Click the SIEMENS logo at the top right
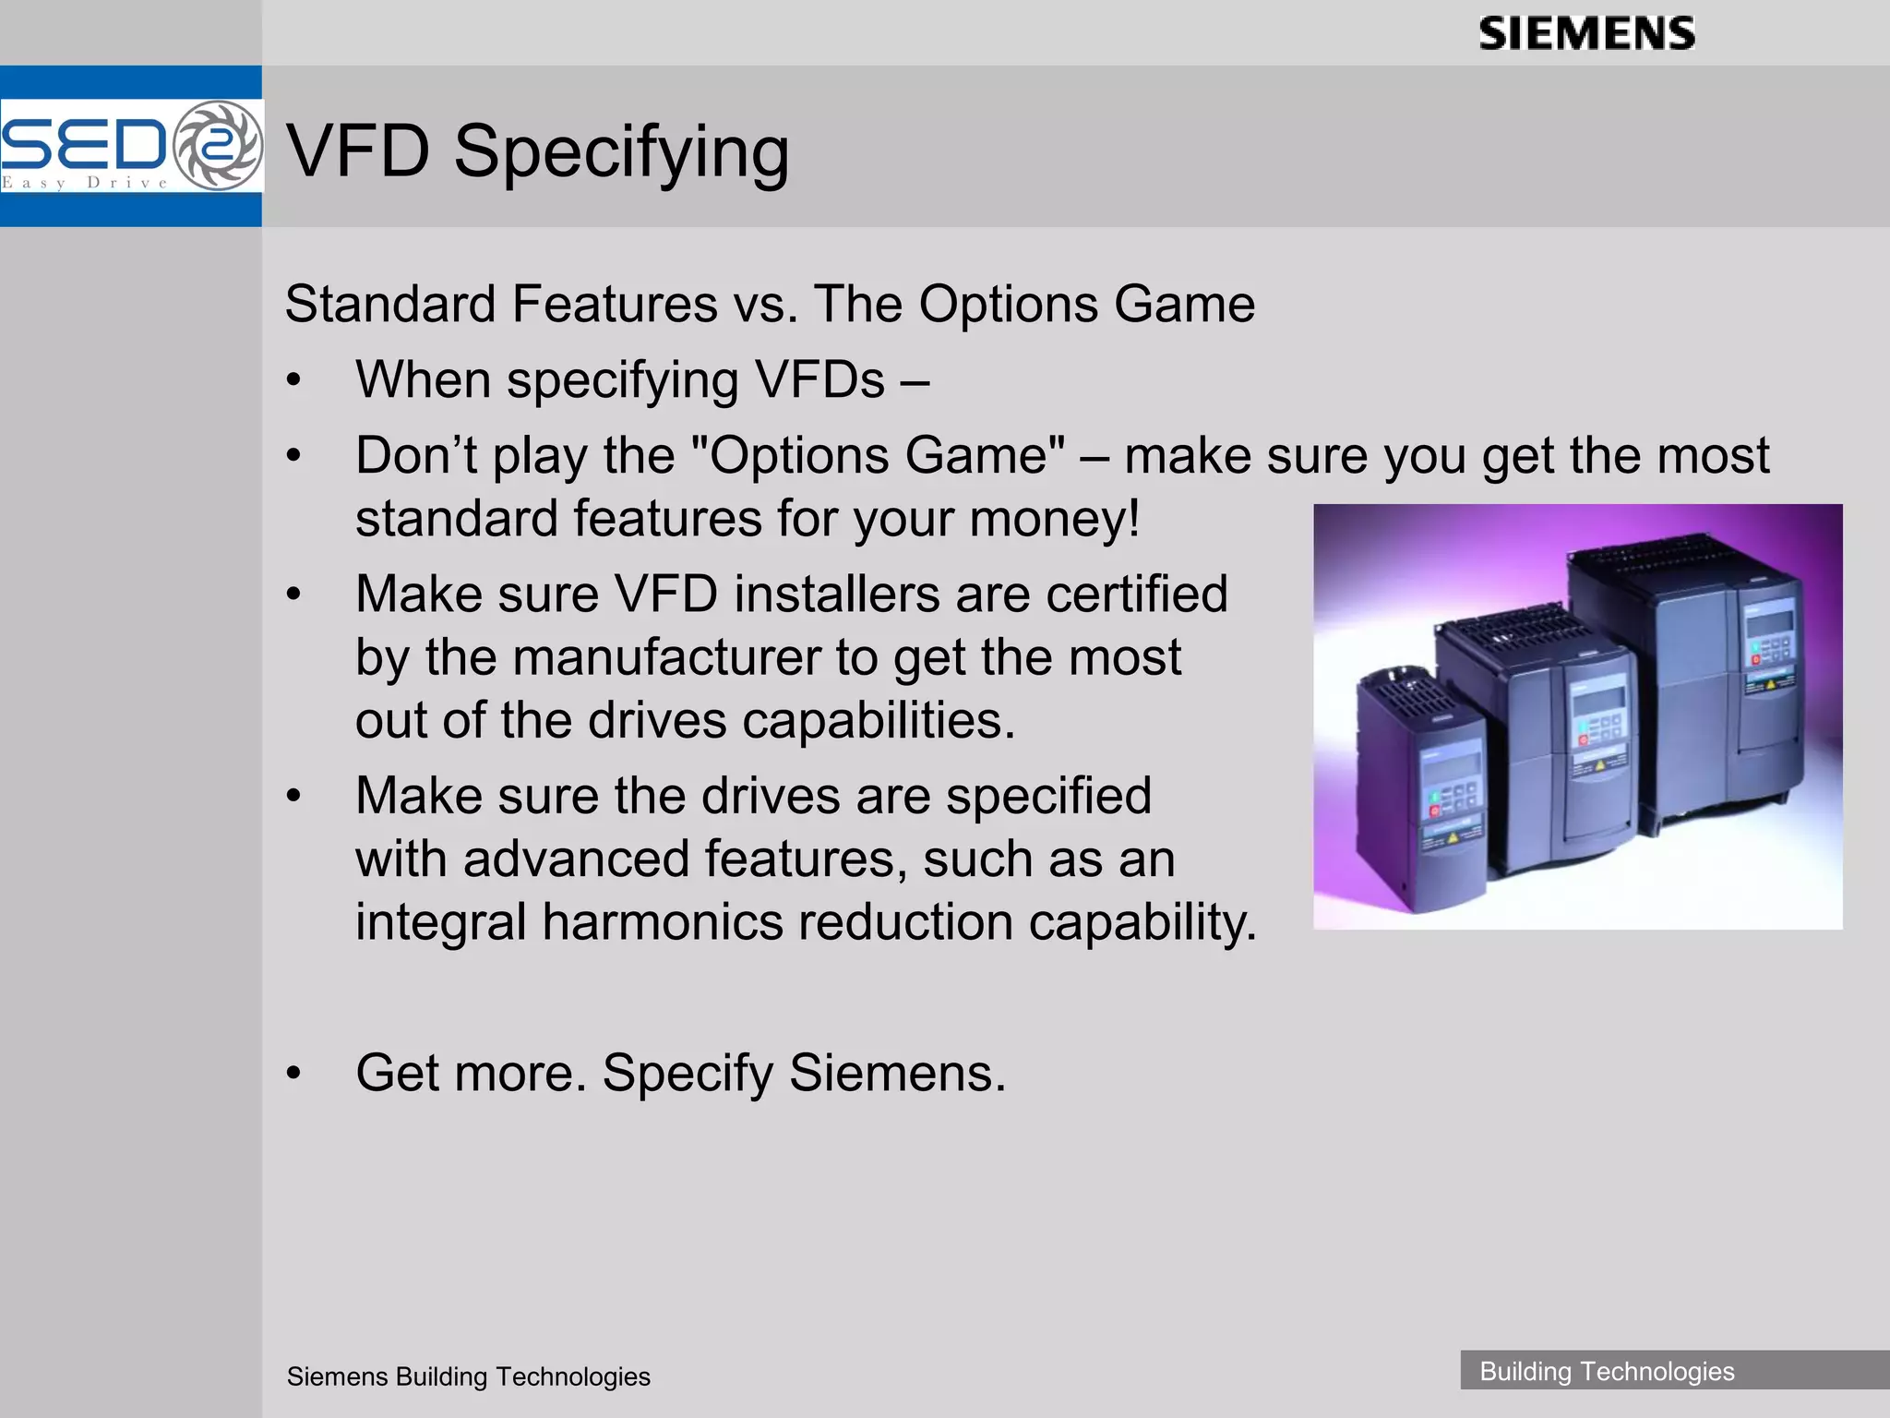point(1586,34)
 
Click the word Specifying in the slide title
point(621,151)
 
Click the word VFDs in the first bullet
point(819,379)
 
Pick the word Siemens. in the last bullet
point(896,1073)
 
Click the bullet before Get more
point(293,1073)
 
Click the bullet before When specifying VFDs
point(293,379)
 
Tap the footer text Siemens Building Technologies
point(468,1376)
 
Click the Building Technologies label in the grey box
point(1607,1371)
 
